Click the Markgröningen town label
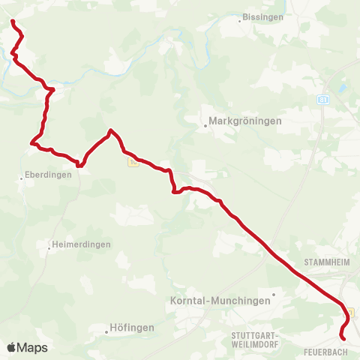point(245,121)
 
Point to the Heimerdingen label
point(81,244)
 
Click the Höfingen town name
point(131,328)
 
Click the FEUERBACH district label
point(325,351)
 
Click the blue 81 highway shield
point(322,98)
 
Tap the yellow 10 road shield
point(133,160)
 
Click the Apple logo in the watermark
point(13,347)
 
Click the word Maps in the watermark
point(33,347)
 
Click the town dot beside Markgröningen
point(205,126)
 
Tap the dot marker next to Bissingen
point(239,21)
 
